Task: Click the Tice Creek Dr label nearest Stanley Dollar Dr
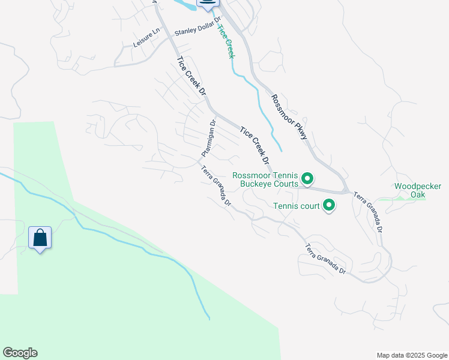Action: [x=191, y=76]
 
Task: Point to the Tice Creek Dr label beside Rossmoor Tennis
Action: [x=254, y=146]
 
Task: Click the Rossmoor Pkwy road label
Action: [x=289, y=117]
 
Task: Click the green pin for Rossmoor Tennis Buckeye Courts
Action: [x=307, y=178]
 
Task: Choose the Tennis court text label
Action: [x=297, y=206]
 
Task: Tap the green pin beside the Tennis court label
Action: [x=329, y=206]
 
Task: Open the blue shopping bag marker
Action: [x=40, y=238]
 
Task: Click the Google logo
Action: [x=20, y=353]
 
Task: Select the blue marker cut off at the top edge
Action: [x=207, y=4]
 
